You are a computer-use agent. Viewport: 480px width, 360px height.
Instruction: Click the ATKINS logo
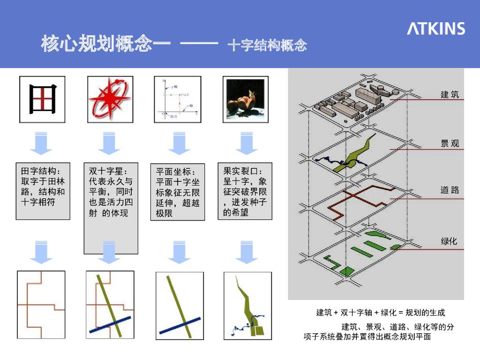(x=435, y=29)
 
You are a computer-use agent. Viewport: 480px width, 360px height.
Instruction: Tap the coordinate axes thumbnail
(x=178, y=99)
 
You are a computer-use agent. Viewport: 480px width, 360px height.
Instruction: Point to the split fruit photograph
(x=244, y=99)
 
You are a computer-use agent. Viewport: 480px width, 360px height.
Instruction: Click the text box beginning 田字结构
(x=43, y=191)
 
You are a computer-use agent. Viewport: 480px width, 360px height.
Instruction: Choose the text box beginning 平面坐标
(x=178, y=192)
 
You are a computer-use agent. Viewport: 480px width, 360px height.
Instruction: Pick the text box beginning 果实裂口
(x=245, y=191)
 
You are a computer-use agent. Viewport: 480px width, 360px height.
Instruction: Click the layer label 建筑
(x=450, y=95)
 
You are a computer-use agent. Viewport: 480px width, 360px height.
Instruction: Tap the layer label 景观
(x=450, y=144)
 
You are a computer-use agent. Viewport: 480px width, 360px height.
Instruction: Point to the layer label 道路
(x=450, y=190)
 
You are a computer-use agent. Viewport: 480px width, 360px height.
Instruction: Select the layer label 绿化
(x=449, y=241)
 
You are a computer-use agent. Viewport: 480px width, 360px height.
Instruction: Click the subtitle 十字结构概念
(x=267, y=45)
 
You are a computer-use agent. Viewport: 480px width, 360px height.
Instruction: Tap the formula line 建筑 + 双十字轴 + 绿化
(x=380, y=313)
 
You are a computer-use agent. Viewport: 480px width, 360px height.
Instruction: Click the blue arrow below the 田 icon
(x=41, y=143)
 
